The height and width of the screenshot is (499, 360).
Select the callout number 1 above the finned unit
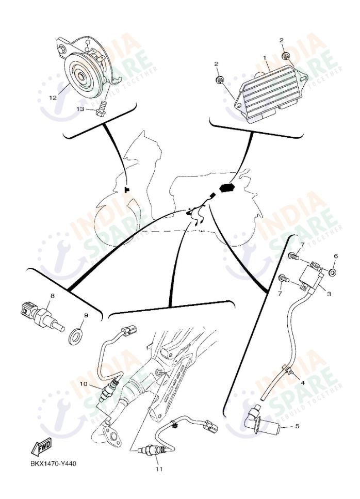[264, 59]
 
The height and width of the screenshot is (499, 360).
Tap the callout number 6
[336, 256]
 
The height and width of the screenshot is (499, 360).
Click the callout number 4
[303, 383]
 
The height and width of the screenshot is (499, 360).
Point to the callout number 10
[83, 383]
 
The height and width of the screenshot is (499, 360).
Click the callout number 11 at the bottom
[159, 470]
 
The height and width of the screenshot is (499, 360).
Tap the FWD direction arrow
[43, 445]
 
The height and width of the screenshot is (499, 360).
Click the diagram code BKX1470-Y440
[53, 463]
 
